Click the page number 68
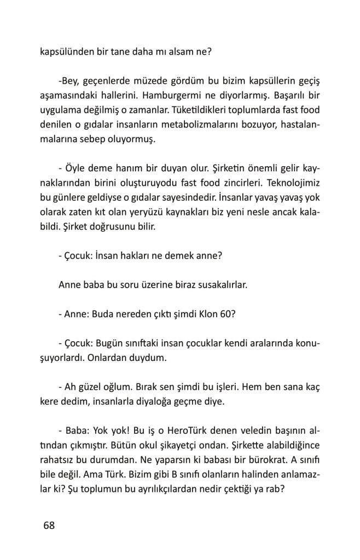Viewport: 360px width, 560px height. pyautogui.click(x=49, y=526)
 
